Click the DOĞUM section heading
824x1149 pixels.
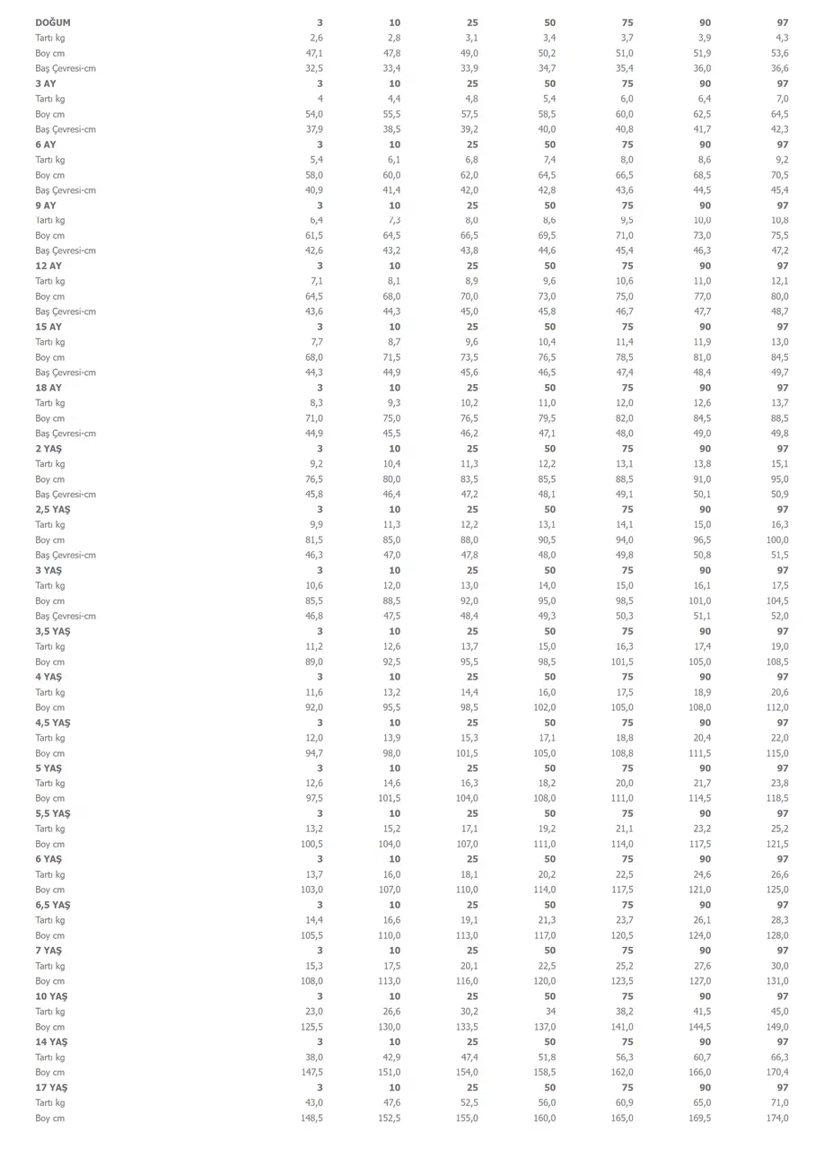(x=53, y=22)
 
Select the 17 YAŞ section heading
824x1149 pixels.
(x=51, y=1088)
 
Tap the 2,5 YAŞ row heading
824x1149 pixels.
(x=53, y=510)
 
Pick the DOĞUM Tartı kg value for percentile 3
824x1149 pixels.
(x=316, y=38)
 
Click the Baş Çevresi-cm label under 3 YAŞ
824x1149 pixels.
(x=66, y=617)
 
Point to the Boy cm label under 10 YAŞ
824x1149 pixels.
(x=50, y=1027)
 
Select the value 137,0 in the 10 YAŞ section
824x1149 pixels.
(x=544, y=1027)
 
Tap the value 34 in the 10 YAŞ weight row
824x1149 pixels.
(x=549, y=1012)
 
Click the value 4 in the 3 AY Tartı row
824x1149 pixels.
(x=320, y=99)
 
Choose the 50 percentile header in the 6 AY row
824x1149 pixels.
(x=549, y=145)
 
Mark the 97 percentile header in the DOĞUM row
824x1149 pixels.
(x=783, y=22)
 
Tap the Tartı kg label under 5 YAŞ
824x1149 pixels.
(x=50, y=784)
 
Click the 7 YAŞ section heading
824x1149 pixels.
(x=48, y=951)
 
